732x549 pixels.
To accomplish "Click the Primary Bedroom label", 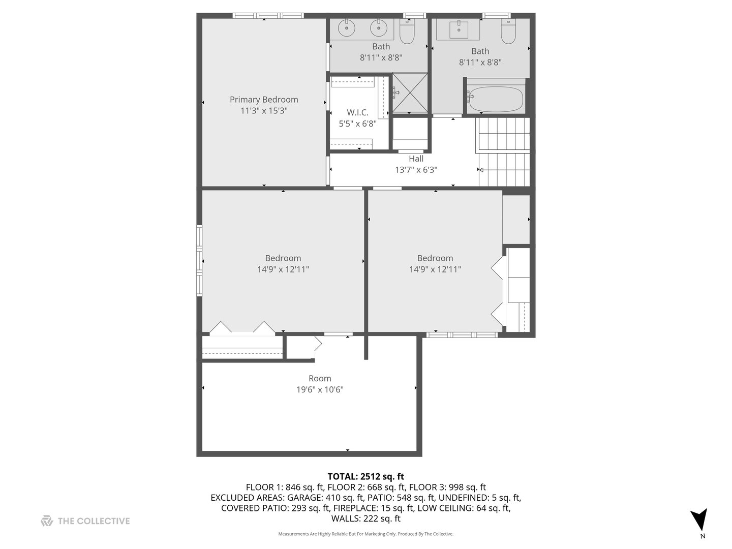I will tap(264, 100).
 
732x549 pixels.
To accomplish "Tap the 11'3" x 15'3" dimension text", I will tap(264, 111).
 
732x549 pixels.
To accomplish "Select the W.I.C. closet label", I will tap(357, 112).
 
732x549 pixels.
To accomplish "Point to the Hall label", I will tap(416, 159).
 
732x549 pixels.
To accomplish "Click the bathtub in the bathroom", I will tap(496, 100).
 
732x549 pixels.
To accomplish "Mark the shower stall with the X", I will tap(410, 92).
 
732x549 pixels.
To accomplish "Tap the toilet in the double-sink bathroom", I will tap(407, 32).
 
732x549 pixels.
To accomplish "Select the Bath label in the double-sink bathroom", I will tap(381, 47).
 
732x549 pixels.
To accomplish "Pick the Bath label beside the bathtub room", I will tap(480, 51).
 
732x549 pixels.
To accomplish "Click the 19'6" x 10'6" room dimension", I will tap(320, 390).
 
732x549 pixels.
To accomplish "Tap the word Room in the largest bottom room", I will tap(320, 379).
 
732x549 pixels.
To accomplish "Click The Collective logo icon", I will tap(47, 521).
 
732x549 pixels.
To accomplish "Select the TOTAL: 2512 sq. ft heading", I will tap(365, 477).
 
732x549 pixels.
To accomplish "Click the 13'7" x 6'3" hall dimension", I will tap(416, 170).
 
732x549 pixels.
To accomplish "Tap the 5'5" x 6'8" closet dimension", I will tap(357, 124).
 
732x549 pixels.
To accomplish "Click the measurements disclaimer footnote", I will tap(365, 534).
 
